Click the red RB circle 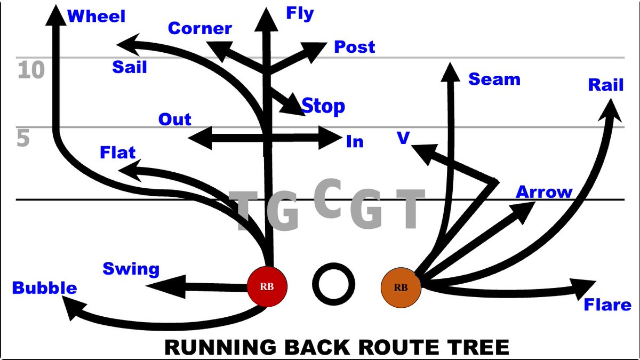point(267,286)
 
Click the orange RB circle point(401,287)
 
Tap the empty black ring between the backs point(333,281)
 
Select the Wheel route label point(96,17)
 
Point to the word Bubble point(44,289)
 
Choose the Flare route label point(607,305)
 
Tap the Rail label point(606,85)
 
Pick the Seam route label point(494,79)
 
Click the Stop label point(323,106)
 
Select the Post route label point(354,47)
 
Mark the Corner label point(199,28)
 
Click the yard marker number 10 point(31,70)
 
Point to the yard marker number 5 point(23,139)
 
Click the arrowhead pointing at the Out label point(196,138)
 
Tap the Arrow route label point(543,192)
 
